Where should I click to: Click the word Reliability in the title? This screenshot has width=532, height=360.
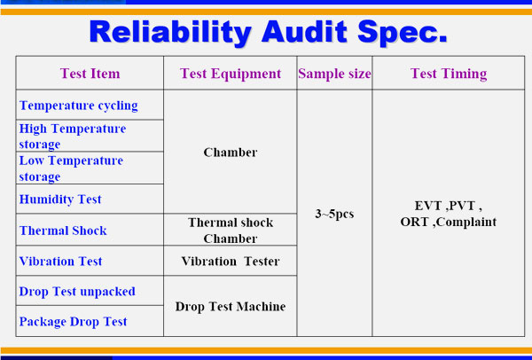(170, 32)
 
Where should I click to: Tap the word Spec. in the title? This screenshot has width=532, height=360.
(403, 33)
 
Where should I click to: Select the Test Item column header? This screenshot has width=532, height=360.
(90, 74)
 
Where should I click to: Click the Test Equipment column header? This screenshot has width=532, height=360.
(231, 74)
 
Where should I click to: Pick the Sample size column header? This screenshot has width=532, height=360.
(334, 74)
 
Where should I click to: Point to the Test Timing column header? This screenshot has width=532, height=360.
(449, 74)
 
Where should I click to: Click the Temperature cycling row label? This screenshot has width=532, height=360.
(78, 106)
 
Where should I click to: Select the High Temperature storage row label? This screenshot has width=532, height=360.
(73, 136)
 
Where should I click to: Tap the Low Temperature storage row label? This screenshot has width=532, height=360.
(71, 168)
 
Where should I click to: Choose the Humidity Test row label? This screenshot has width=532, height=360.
(60, 200)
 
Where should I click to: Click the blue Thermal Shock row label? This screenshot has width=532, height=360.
(63, 231)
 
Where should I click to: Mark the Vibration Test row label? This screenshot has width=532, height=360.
(60, 262)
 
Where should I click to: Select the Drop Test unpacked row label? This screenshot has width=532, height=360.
(77, 292)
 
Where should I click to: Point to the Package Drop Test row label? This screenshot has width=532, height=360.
(73, 321)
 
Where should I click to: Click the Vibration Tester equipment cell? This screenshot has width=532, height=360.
(231, 262)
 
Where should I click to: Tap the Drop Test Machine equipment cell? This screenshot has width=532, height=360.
(231, 307)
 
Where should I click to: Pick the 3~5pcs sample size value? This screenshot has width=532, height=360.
(334, 214)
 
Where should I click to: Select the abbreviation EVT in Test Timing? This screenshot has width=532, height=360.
(428, 206)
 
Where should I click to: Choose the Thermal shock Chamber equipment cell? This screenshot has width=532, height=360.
(231, 231)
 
